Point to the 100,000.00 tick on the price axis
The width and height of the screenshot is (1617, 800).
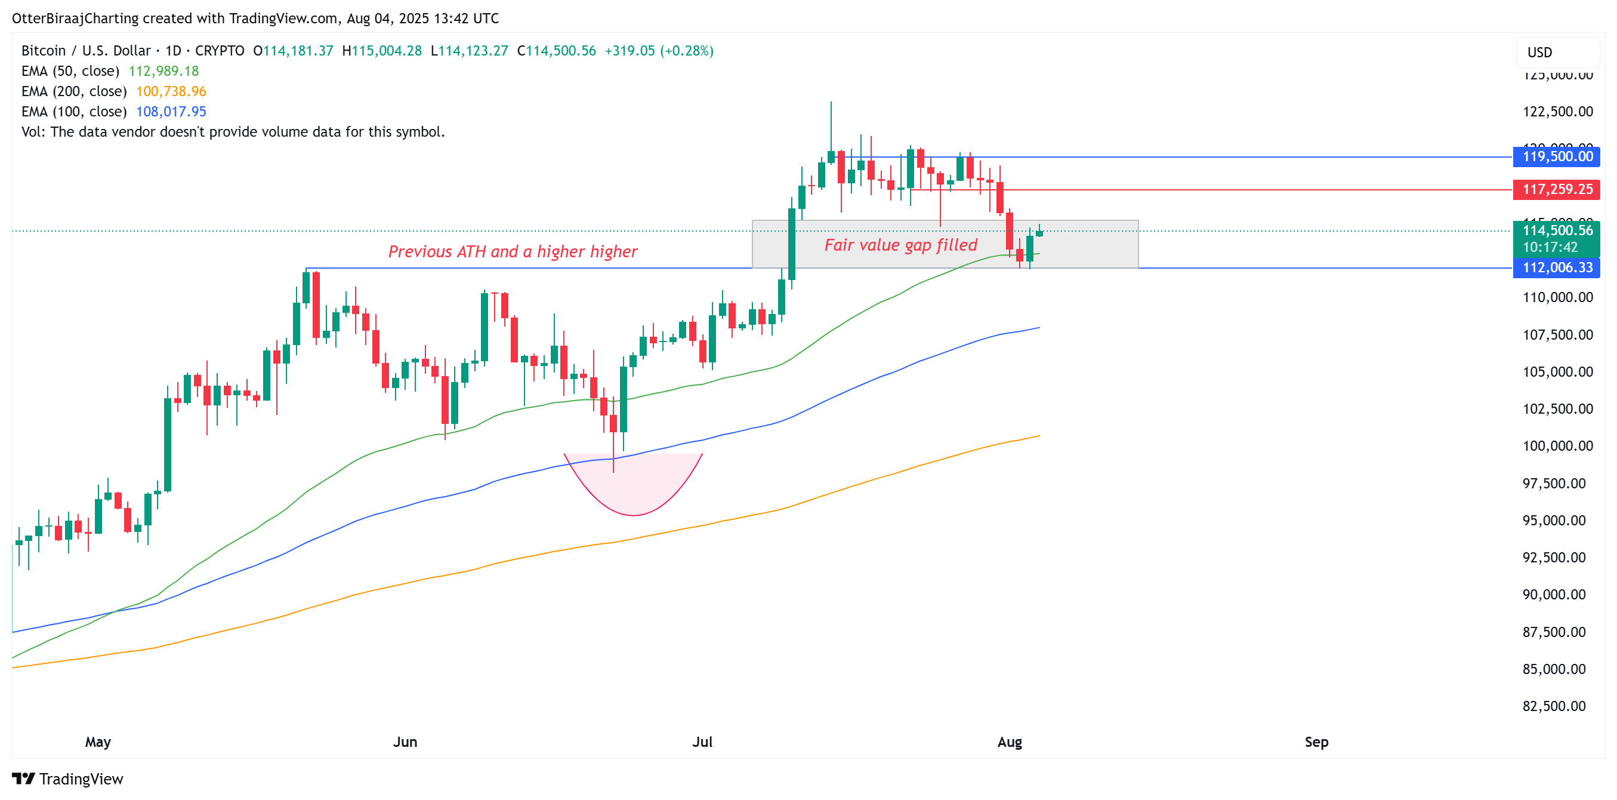click(x=1557, y=446)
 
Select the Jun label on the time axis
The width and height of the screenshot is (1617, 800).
click(x=405, y=741)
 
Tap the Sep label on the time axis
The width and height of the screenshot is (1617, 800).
click(x=1316, y=741)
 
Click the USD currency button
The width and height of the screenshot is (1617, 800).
click(x=1539, y=52)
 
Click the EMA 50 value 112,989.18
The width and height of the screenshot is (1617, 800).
click(x=163, y=71)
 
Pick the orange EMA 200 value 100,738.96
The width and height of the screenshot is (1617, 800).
click(x=171, y=91)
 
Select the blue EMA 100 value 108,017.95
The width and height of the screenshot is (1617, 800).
click(x=171, y=111)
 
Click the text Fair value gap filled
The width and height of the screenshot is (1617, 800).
click(x=901, y=245)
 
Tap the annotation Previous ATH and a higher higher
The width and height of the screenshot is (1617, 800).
click(x=512, y=252)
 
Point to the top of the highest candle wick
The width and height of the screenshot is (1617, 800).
click(x=831, y=102)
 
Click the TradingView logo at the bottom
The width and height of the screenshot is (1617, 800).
click(x=68, y=779)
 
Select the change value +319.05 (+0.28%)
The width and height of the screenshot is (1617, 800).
click(x=659, y=51)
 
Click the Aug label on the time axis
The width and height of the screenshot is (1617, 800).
click(x=1010, y=741)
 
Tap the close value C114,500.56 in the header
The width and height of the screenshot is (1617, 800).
click(x=556, y=51)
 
